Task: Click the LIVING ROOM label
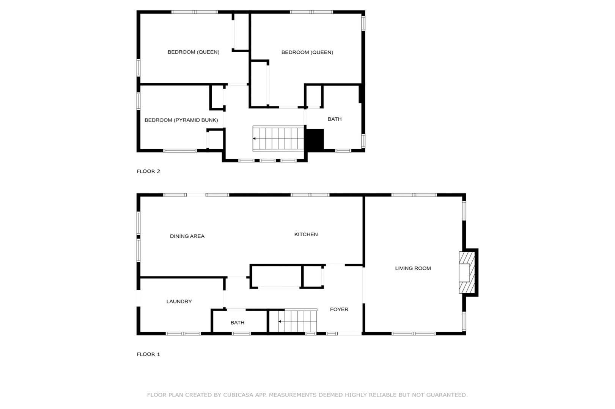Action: [413, 269]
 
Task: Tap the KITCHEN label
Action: [306, 234]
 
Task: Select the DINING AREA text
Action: [187, 236]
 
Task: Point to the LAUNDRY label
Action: [179, 301]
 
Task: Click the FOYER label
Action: [339, 309]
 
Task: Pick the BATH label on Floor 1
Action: [238, 323]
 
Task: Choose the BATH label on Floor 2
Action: [335, 119]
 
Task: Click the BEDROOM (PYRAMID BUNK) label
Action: [181, 120]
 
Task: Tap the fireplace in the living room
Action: [467, 273]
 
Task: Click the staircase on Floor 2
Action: [278, 139]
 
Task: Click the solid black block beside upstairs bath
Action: [315, 139]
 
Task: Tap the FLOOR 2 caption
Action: [148, 171]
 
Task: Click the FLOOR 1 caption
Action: [148, 354]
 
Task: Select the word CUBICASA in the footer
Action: [238, 395]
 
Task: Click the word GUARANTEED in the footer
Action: [447, 395]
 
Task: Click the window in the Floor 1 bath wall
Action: [241, 334]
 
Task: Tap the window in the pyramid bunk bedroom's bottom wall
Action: [180, 151]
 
